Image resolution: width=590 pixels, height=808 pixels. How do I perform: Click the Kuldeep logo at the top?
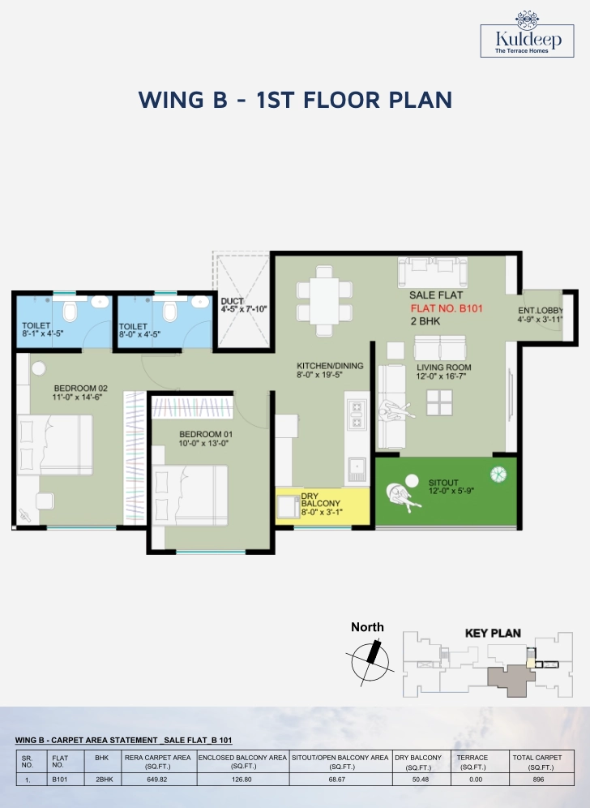point(527,34)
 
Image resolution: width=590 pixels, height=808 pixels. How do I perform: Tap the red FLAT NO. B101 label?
point(447,308)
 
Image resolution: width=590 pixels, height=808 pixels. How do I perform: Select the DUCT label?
point(232,301)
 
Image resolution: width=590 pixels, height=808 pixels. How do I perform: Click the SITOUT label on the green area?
point(443,483)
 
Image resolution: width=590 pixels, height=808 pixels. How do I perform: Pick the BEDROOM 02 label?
point(81,388)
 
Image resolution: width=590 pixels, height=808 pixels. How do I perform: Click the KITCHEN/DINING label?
point(330,366)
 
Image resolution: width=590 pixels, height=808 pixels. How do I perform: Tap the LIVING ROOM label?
point(444,367)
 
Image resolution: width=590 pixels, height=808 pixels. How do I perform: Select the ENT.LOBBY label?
point(540,310)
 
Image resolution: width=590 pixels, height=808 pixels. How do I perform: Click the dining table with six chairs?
point(324,302)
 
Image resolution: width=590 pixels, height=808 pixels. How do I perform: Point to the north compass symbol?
point(370,662)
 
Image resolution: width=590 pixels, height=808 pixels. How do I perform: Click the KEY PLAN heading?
point(493,634)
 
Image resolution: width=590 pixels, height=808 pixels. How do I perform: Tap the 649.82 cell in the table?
point(157,779)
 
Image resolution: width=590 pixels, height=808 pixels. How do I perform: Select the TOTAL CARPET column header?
point(537,758)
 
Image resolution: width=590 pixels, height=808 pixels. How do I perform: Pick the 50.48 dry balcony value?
point(421,779)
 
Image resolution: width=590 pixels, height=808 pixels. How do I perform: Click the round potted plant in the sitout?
point(498,474)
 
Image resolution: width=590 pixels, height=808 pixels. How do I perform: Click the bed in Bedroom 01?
point(190,495)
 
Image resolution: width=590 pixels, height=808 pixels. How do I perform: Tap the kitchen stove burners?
point(357,415)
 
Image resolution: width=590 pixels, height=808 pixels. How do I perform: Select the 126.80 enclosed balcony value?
point(242,779)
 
